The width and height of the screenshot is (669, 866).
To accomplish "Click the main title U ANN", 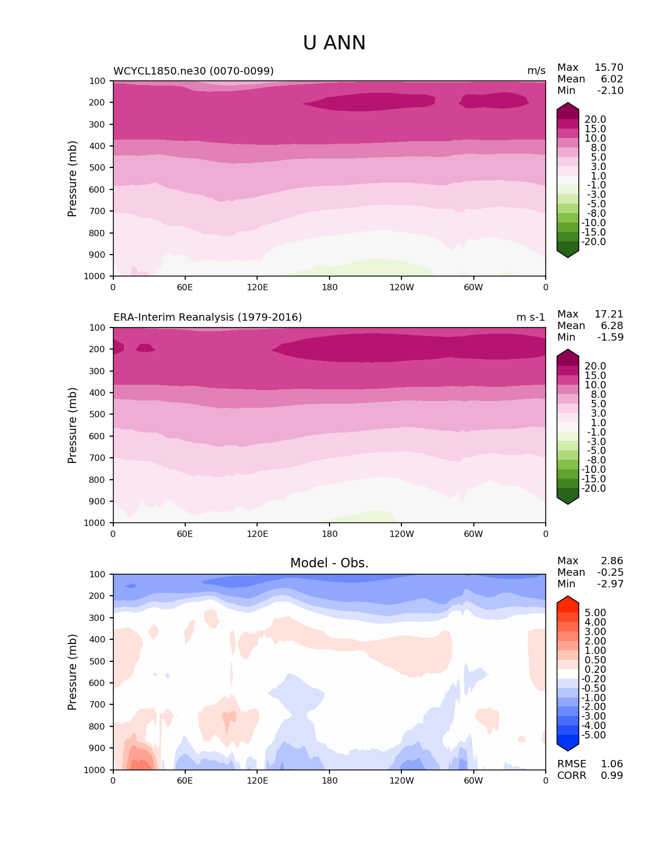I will (334, 43).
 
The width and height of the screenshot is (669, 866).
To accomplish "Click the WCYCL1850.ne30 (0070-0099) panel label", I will (194, 71).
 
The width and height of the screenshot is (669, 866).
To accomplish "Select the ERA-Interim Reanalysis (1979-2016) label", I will (208, 318).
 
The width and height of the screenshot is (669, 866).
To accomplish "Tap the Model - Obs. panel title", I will (330, 563).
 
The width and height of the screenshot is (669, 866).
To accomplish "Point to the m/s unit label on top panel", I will (536, 71).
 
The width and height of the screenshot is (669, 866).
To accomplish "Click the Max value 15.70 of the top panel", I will (609, 68).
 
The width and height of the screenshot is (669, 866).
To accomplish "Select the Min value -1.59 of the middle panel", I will (610, 337).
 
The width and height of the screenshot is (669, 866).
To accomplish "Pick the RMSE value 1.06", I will (612, 764).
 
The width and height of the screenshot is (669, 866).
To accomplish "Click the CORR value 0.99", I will (612, 776).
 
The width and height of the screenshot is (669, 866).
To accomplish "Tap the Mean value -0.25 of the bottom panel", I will (610, 573).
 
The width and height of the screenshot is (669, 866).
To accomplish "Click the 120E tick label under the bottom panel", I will (257, 781).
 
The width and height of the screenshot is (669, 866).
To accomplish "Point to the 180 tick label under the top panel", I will (330, 288).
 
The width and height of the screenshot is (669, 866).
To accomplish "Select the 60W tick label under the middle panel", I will (473, 534).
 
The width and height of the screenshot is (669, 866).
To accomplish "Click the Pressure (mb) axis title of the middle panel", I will (72, 425).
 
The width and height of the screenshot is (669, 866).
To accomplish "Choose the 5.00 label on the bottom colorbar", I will (595, 613).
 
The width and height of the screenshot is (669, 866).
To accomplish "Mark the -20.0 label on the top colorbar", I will (595, 242).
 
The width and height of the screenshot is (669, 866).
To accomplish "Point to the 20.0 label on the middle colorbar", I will (595, 366).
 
